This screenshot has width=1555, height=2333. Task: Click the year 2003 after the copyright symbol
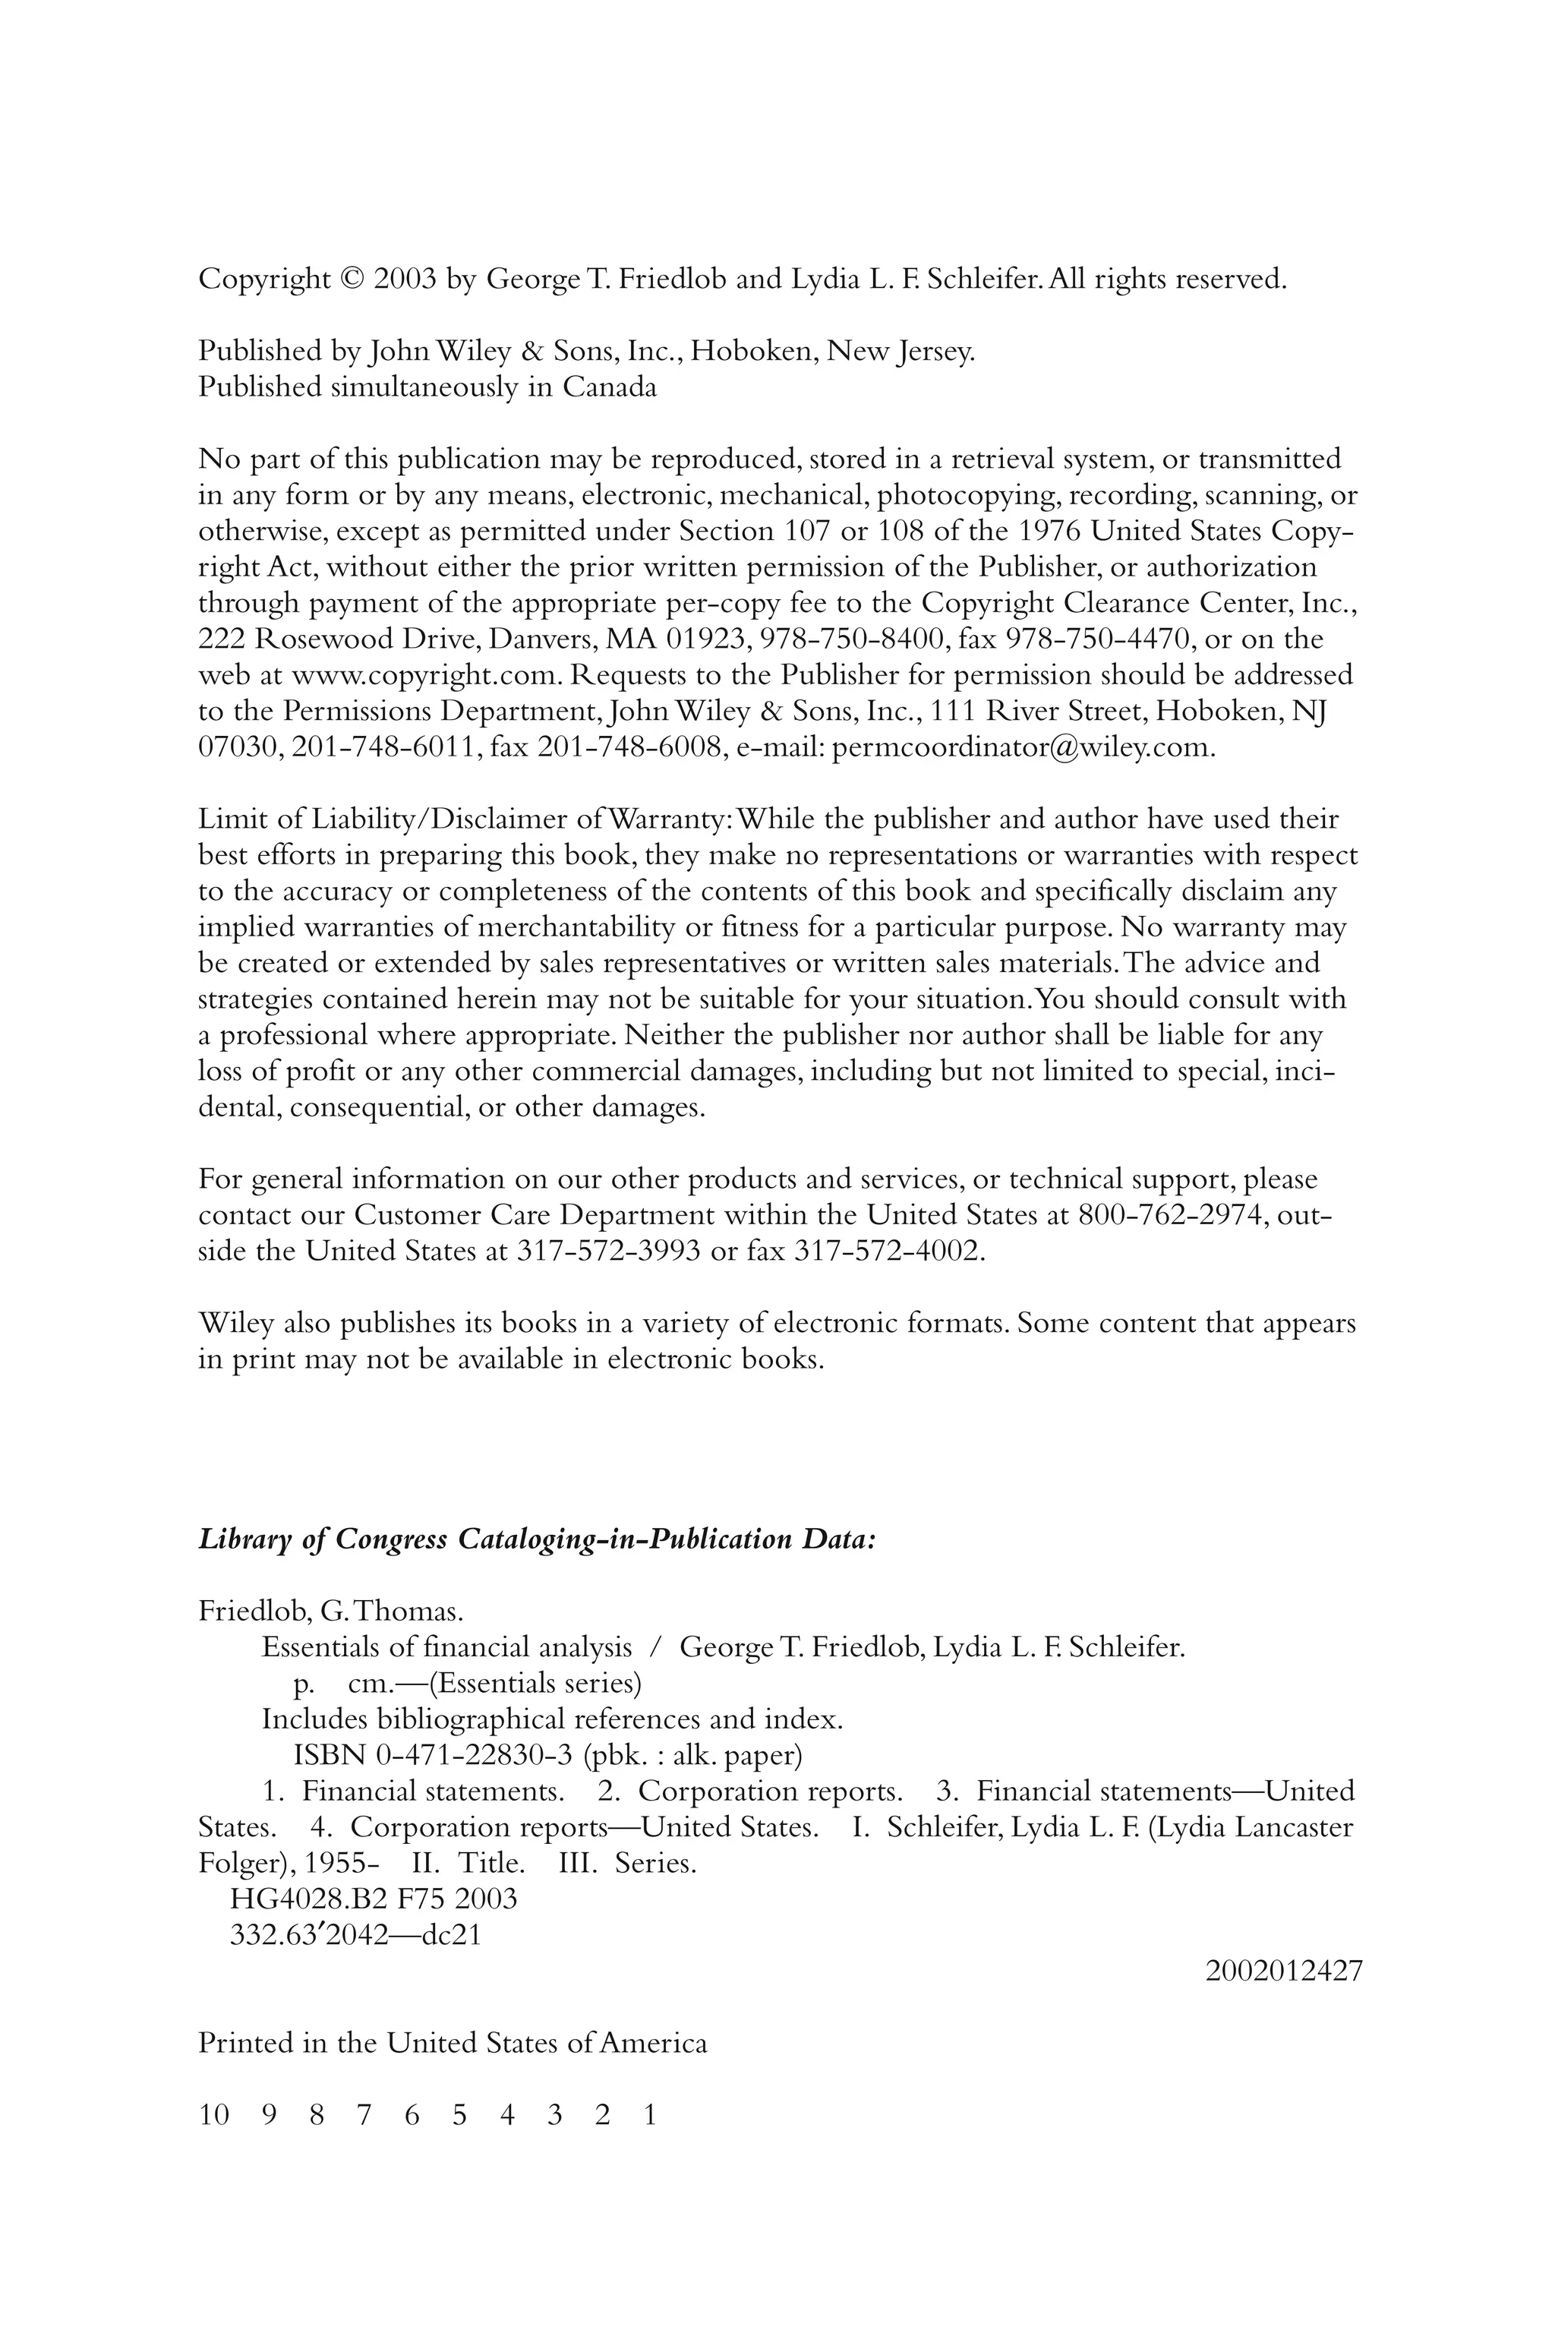tap(405, 279)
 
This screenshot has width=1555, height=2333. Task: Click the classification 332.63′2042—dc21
tap(355, 1934)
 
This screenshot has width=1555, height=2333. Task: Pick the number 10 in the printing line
tap(213, 2115)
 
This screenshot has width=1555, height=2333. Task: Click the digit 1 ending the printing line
tap(650, 2115)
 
